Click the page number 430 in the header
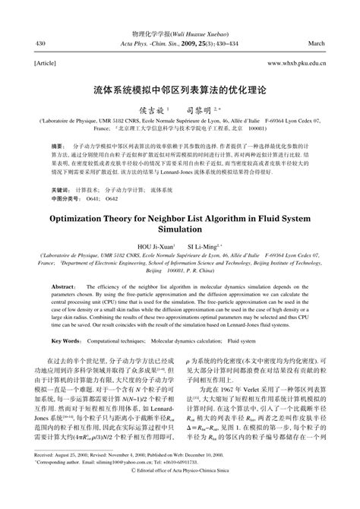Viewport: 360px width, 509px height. [x=40, y=43]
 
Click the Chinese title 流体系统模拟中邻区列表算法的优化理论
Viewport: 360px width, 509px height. [x=180, y=89]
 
